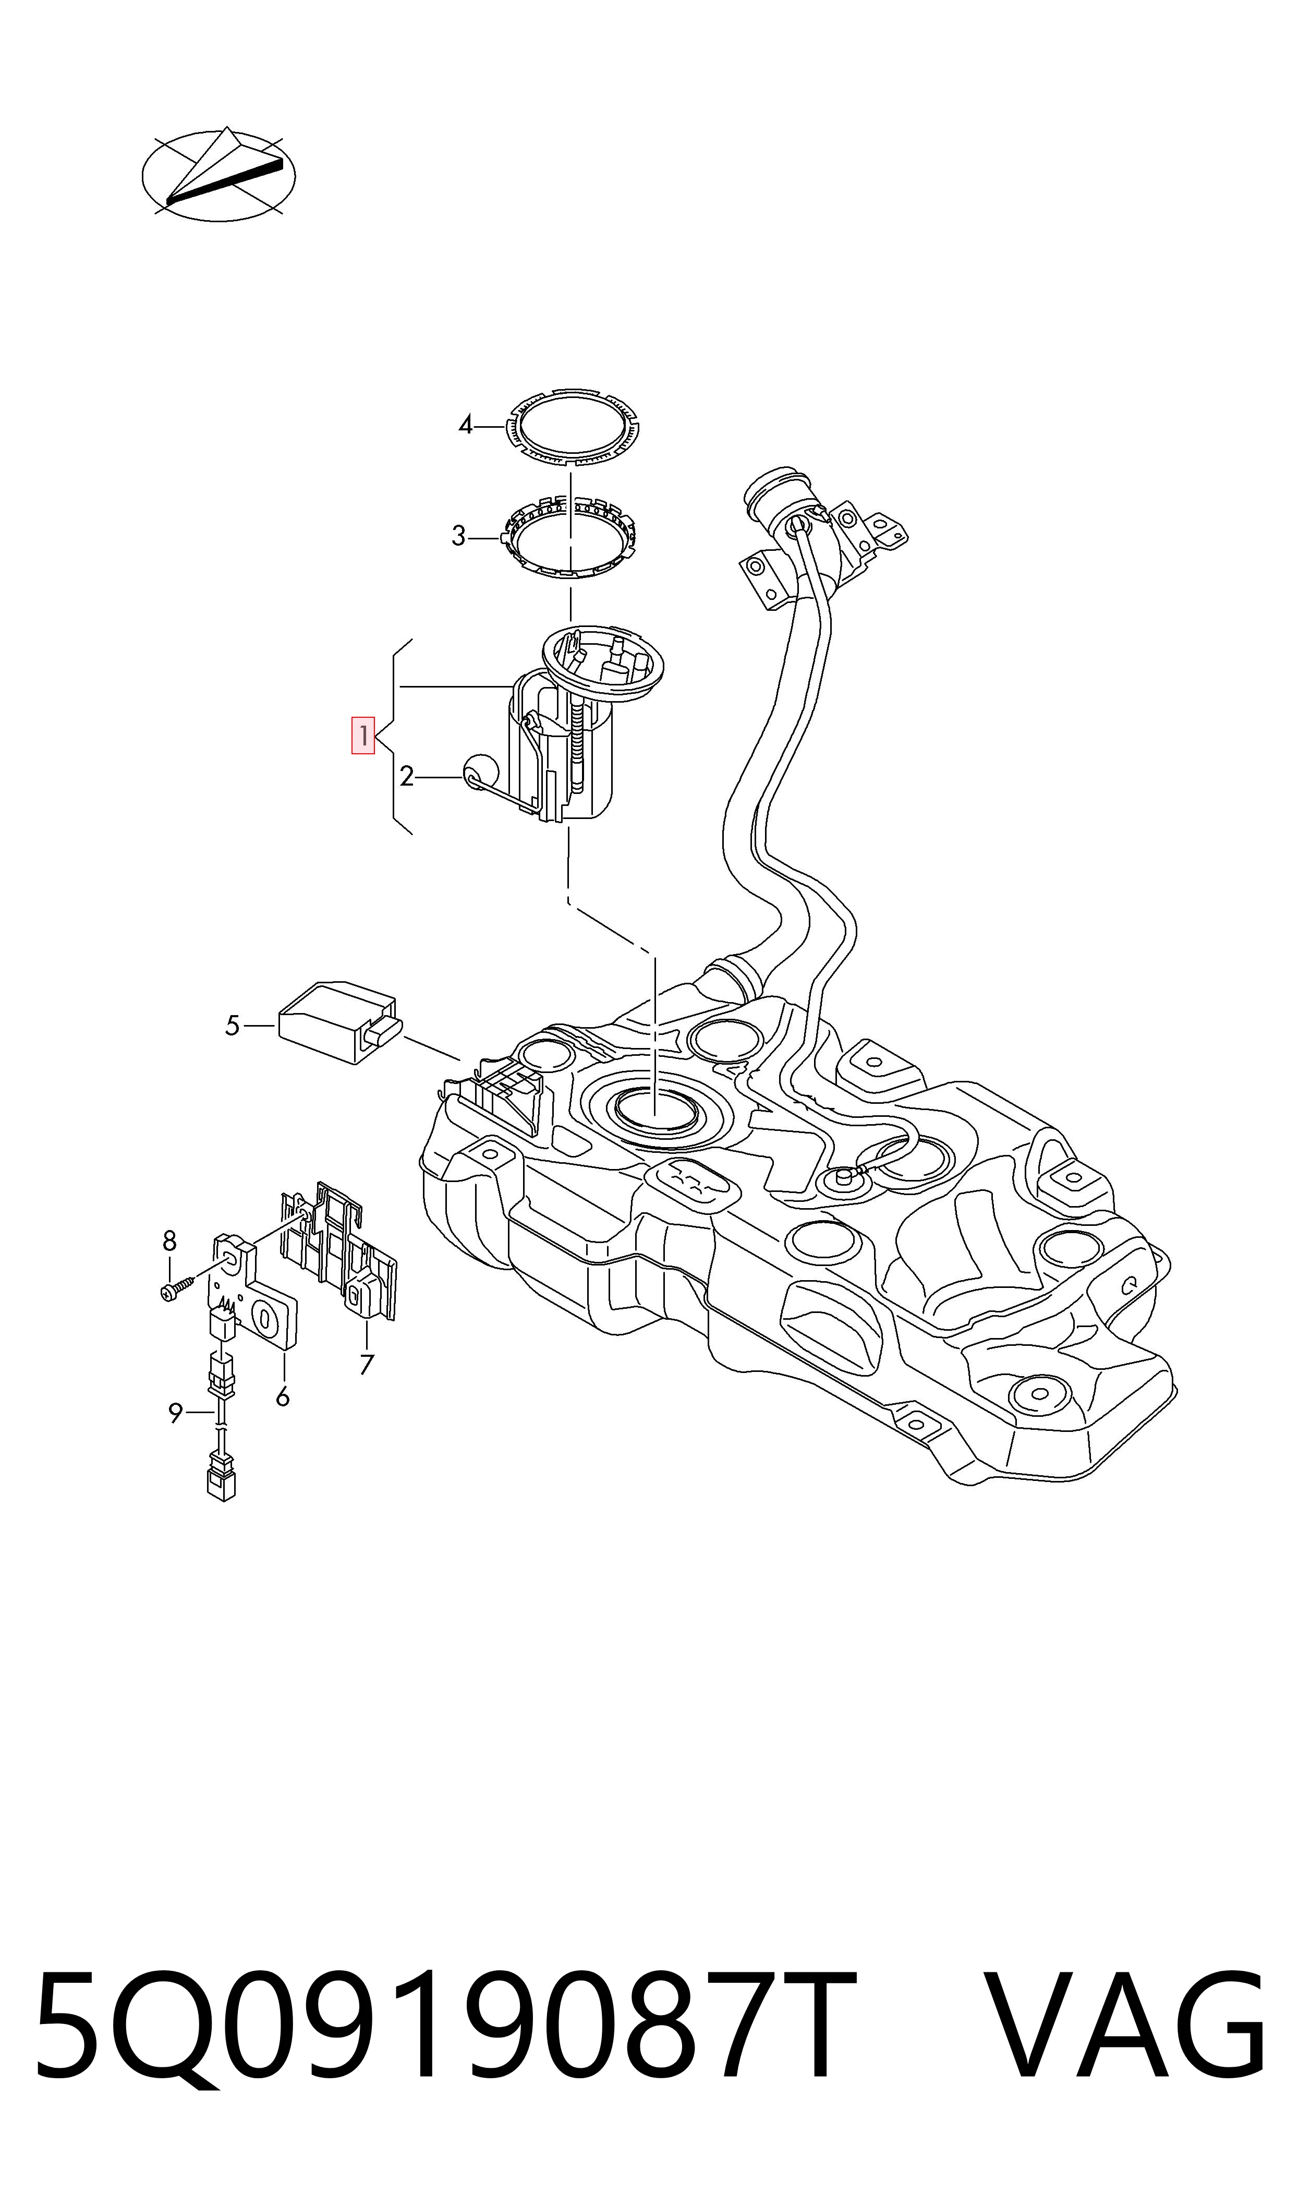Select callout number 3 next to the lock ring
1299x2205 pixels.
coord(458,536)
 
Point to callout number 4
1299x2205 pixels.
coord(466,426)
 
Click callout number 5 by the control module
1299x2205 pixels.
coord(232,1025)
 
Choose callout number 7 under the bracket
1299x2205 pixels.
coord(367,1364)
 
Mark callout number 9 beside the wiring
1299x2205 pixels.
coord(176,1413)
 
